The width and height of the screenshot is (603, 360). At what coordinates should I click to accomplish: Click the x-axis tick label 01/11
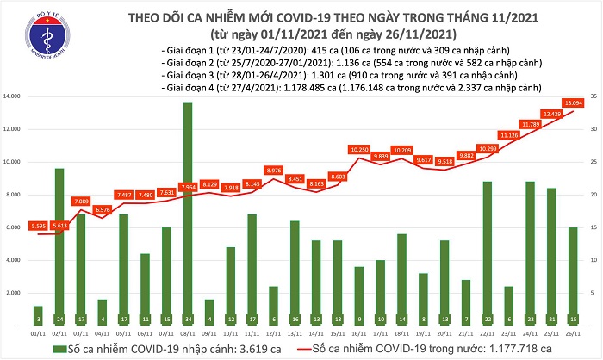(37, 331)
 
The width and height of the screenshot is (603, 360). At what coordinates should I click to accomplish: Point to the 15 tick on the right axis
(594, 227)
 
